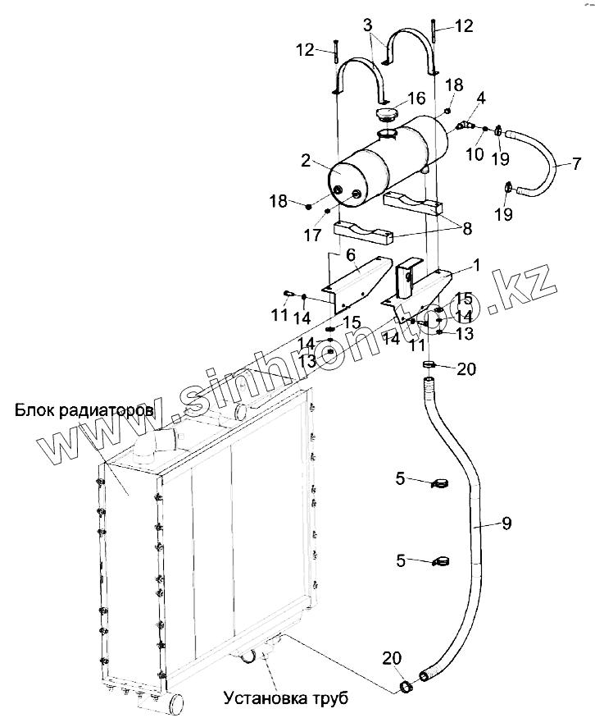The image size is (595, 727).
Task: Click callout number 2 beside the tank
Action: tap(305, 160)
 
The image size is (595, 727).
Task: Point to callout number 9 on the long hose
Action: tap(506, 523)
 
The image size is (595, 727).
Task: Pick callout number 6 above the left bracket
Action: tap(351, 255)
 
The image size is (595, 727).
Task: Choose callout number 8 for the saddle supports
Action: tap(466, 229)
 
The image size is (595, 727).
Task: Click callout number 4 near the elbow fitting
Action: tap(481, 98)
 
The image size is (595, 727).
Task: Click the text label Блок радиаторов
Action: tap(84, 409)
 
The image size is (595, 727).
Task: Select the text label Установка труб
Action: tap(286, 698)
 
